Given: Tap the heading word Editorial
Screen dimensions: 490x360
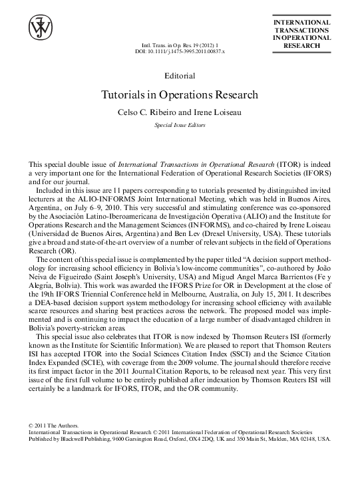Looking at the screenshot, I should point(180,74).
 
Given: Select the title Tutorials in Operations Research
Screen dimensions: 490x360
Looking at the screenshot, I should point(180,94).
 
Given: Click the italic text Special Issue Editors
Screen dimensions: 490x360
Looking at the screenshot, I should point(180,124).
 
